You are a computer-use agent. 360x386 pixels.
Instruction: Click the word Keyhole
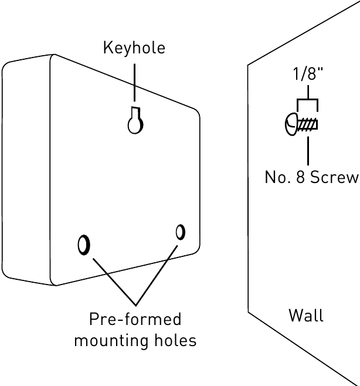tap(134, 48)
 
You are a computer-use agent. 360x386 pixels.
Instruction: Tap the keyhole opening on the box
tap(135, 123)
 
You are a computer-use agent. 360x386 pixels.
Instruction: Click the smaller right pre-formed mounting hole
tap(180, 232)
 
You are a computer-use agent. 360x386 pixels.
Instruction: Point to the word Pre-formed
tap(135, 320)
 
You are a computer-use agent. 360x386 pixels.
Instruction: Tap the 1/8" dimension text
tap(308, 75)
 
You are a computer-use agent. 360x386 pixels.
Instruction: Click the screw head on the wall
tap(291, 124)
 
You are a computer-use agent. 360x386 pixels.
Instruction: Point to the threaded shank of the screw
tap(308, 124)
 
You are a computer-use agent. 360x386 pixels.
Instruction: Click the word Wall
tap(306, 316)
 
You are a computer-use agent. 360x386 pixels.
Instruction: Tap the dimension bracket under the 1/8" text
tap(308, 101)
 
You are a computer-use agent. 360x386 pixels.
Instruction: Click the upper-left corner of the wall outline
tap(249, 65)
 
